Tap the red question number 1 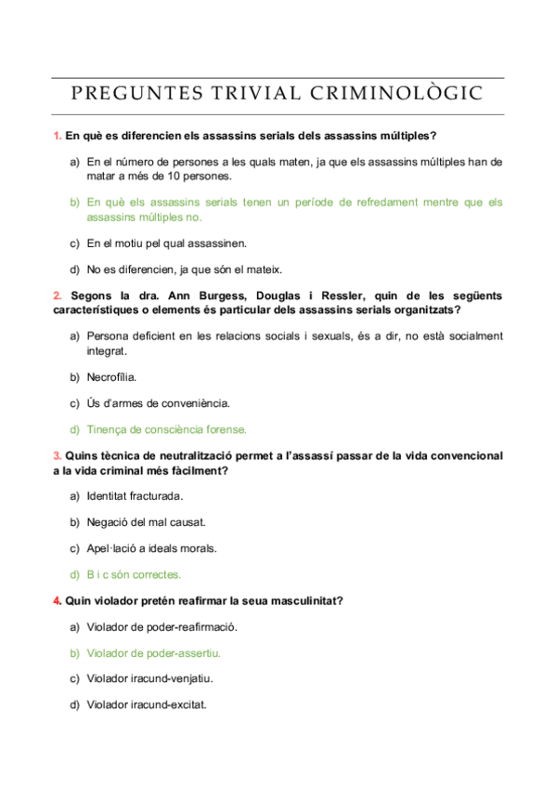(57, 136)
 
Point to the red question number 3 (57, 455)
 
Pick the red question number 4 (57, 600)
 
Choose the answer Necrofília (111, 376)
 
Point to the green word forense (226, 429)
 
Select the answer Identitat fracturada (135, 495)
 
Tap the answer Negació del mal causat (146, 522)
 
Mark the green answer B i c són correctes (134, 574)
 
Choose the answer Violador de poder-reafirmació (162, 626)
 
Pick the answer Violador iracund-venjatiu (153, 678)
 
